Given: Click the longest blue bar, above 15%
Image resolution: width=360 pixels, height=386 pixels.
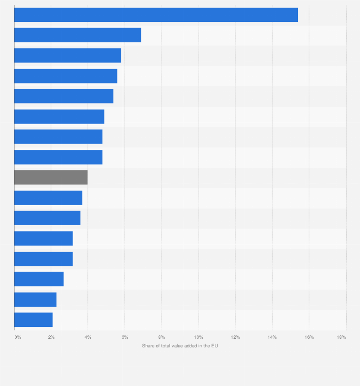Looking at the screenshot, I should (156, 15).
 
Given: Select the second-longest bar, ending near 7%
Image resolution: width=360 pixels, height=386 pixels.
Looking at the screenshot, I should (77, 35).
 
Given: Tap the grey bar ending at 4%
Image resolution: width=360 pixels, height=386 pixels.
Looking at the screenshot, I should (51, 177).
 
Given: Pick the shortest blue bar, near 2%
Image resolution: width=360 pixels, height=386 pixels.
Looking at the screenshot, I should (33, 320).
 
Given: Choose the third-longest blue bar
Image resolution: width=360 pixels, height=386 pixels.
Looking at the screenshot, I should (67, 55).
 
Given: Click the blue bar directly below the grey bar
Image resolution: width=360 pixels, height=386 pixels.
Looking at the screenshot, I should (48, 198).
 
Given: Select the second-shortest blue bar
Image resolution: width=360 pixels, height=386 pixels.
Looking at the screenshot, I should (35, 300).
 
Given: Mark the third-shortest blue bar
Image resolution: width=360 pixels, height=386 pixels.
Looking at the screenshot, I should (39, 279).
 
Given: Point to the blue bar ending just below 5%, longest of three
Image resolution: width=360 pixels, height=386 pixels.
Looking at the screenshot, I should (59, 116).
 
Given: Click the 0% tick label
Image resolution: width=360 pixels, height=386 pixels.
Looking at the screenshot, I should (18, 337).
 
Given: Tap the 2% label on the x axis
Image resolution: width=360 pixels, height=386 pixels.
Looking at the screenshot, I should (51, 337).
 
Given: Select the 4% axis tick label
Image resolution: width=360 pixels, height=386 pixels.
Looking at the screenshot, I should (88, 337).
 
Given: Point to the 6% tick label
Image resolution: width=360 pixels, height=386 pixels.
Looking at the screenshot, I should (125, 337).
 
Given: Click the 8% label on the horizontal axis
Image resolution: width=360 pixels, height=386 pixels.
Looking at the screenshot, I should (162, 337).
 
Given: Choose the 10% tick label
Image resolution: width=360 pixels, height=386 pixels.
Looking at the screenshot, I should (199, 337).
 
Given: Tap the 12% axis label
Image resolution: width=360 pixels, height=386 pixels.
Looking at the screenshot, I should (235, 337).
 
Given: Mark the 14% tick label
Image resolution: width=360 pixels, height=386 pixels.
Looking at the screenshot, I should (272, 337).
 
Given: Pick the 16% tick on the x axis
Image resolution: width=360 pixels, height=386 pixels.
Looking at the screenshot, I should (309, 337).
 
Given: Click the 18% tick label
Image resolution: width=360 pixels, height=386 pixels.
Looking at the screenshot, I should (341, 337).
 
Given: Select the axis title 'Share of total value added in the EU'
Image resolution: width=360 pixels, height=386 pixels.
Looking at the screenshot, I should (180, 345).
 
